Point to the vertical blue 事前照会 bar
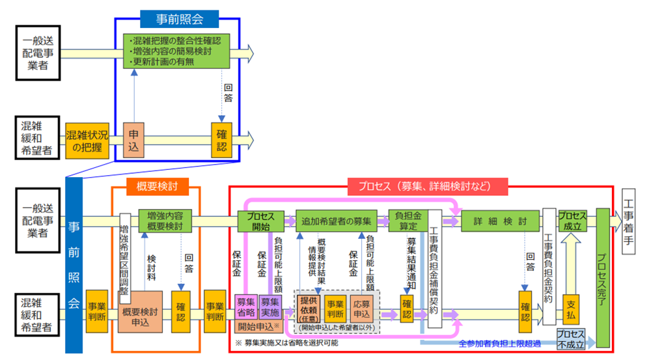point(74,264)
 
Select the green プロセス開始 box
point(260,220)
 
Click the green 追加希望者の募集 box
point(337,220)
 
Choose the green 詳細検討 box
point(499,220)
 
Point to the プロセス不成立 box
point(572,338)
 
